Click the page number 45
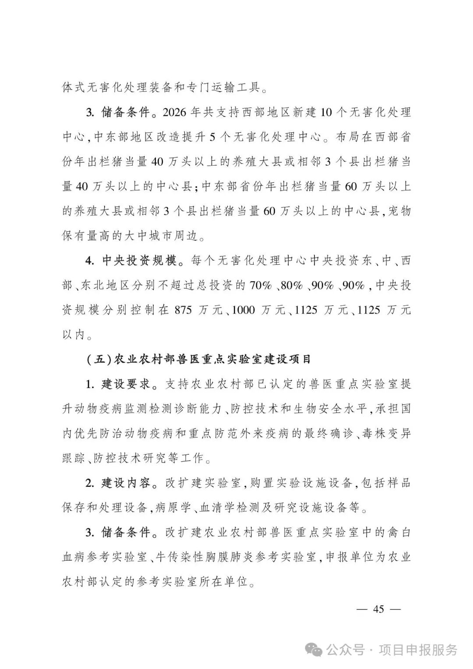click(378, 609)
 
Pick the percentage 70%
click(261, 286)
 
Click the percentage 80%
click(292, 286)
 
